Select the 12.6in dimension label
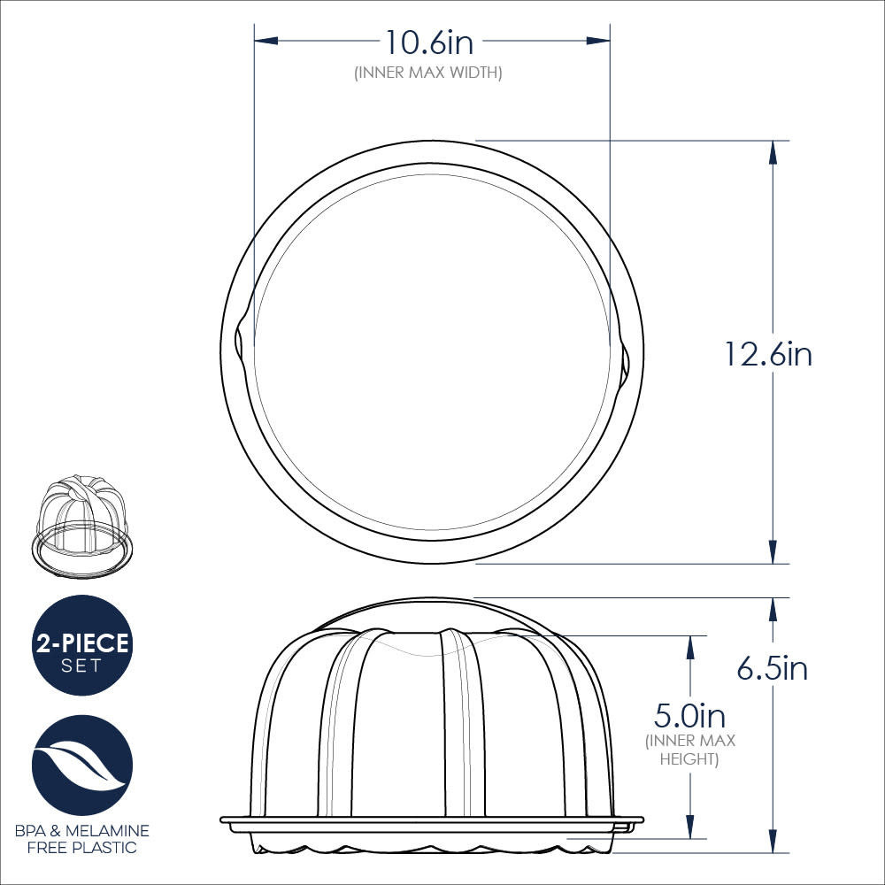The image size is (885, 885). (767, 354)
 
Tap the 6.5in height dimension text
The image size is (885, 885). (772, 667)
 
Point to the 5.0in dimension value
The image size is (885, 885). (689, 713)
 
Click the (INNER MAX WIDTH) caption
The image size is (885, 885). (428, 73)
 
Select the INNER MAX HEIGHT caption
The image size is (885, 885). (690, 750)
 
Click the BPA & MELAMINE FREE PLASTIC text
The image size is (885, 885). (81, 839)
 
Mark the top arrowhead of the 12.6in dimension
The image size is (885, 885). (773, 152)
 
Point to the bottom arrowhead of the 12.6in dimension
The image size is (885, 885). (773, 551)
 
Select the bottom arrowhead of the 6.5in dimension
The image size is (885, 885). (773, 842)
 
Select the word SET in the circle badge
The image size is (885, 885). (81, 666)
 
